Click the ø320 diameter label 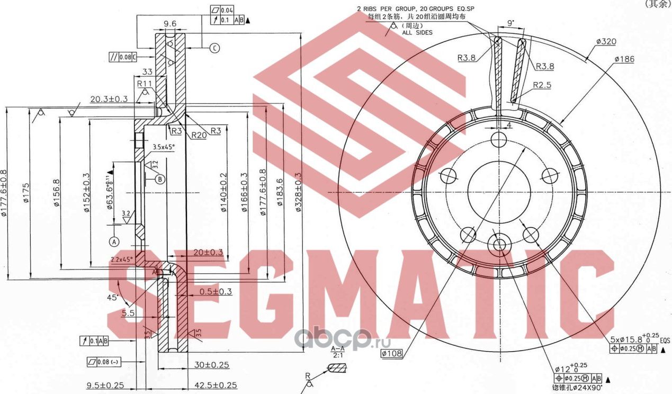(x=605, y=42)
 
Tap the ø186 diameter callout (x=624, y=59)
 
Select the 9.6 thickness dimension (x=170, y=24)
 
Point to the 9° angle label (x=510, y=23)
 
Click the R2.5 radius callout (x=542, y=85)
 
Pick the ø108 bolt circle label (x=391, y=352)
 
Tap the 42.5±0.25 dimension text (x=214, y=386)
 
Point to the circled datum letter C (x=214, y=48)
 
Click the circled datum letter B (x=160, y=179)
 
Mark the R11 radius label (x=145, y=84)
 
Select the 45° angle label (x=112, y=298)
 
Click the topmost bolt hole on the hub (x=499, y=140)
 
